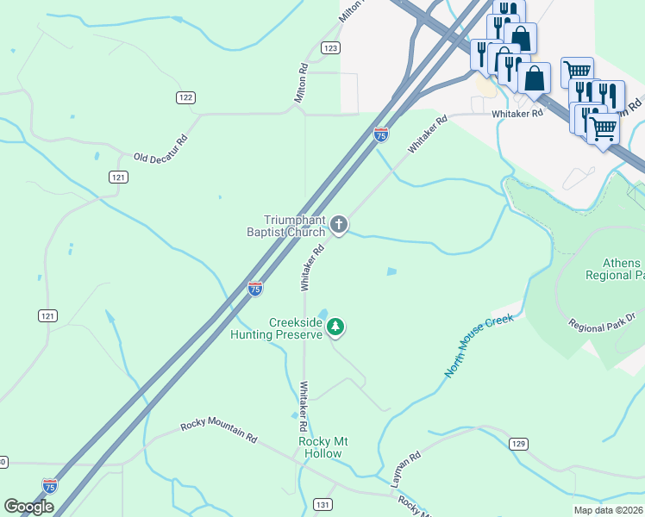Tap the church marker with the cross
click(339, 226)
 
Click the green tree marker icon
click(335, 327)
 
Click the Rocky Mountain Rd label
click(219, 432)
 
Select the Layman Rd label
click(405, 470)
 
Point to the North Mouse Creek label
click(479, 346)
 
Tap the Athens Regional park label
click(614, 269)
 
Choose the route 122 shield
click(185, 97)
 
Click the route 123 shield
click(330, 48)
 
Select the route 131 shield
click(322, 504)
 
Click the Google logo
click(28, 507)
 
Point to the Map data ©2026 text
click(608, 510)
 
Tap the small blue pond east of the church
click(391, 272)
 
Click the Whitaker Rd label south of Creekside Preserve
click(304, 407)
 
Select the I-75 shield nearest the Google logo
click(50, 486)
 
